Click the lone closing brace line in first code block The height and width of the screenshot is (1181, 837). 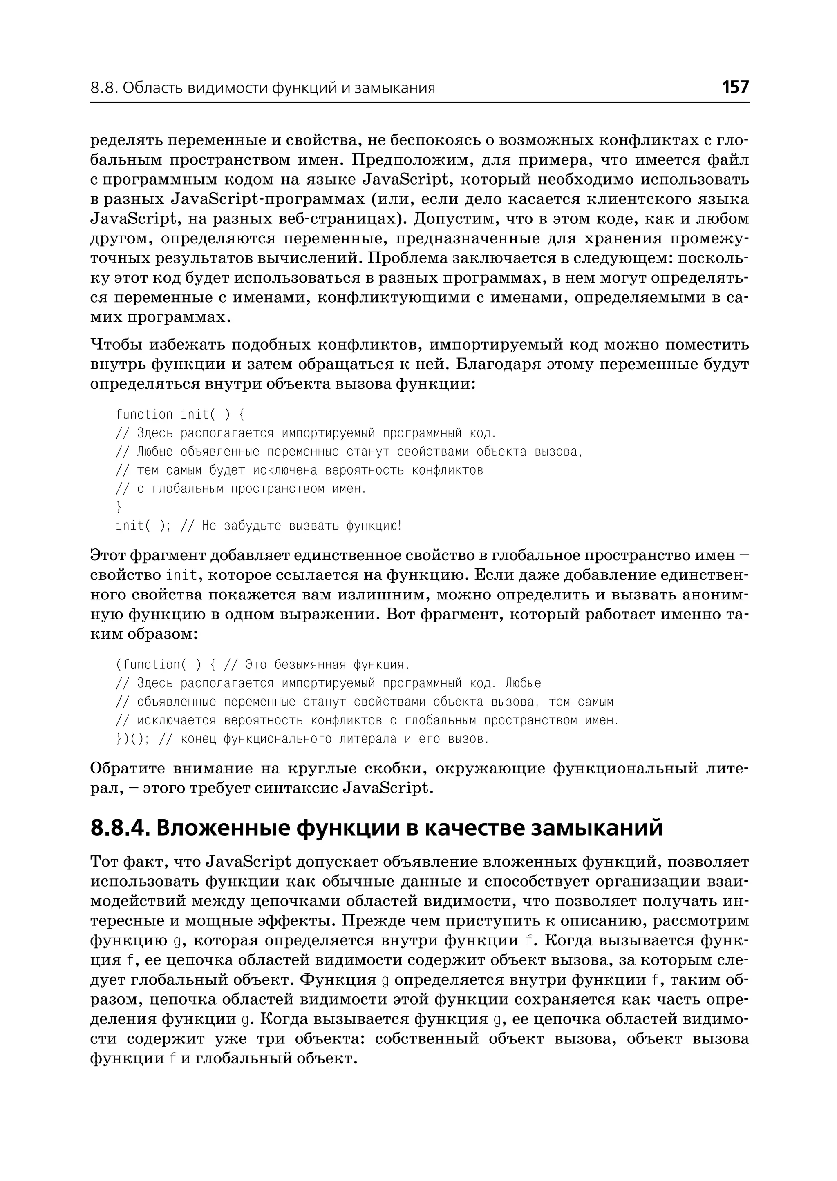[x=119, y=507]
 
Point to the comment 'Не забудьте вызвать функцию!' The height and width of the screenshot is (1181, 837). [x=302, y=526]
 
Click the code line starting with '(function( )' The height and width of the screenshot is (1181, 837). [x=262, y=664]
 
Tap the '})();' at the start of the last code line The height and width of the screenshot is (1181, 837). [x=132, y=739]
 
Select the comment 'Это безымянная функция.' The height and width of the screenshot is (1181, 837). [x=327, y=664]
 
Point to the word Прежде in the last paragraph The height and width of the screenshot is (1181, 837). [x=372, y=920]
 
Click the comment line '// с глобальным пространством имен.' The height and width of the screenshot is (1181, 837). [x=241, y=489]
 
